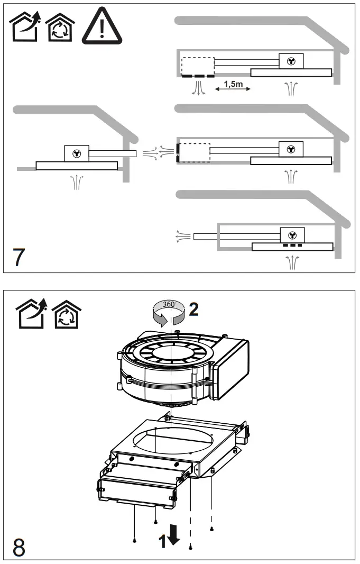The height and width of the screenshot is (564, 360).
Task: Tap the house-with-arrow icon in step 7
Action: click(x=25, y=27)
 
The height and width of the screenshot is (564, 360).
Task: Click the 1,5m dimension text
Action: click(x=233, y=84)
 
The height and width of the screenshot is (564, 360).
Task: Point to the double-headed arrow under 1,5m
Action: click(x=233, y=91)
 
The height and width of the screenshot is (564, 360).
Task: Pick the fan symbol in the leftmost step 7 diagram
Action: click(x=77, y=153)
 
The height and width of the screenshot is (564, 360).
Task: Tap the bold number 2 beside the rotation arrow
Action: click(x=193, y=310)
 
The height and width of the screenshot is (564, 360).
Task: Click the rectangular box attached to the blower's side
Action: click(x=230, y=369)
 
